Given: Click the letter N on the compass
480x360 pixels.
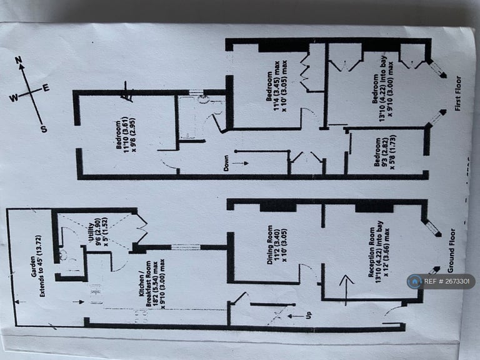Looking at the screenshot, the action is click(x=19, y=60).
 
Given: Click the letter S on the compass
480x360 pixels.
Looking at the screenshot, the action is click(x=43, y=129).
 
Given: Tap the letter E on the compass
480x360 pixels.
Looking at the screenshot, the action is click(x=46, y=87).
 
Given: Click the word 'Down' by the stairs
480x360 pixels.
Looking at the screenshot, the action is click(x=226, y=164).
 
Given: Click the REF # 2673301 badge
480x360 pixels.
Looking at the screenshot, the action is click(x=440, y=282).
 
